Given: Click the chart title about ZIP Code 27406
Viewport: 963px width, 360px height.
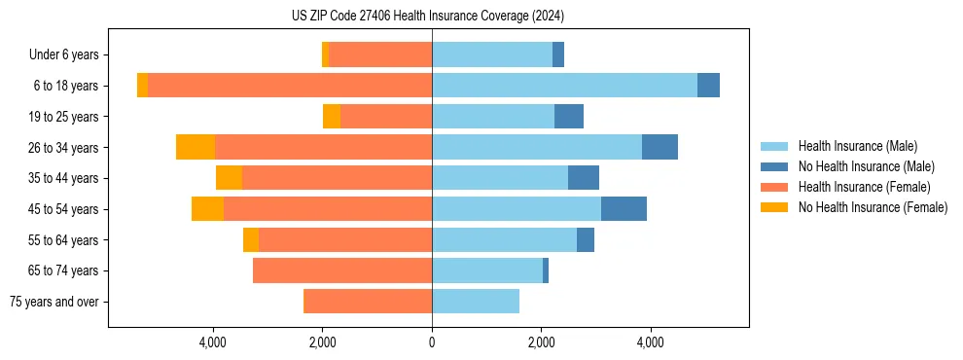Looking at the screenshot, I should [427, 17].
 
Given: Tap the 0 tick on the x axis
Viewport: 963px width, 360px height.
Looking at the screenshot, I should [432, 342].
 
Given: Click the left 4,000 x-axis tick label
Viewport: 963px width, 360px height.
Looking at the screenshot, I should [213, 342].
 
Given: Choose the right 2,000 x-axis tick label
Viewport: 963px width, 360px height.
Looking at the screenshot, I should [541, 342].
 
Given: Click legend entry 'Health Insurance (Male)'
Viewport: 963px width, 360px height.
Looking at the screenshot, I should [857, 146].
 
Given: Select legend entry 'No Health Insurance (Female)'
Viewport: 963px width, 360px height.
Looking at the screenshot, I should [873, 207].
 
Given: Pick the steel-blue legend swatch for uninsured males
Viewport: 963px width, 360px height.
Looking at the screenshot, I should [774, 166].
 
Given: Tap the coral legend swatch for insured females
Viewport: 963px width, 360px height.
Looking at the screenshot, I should [774, 187].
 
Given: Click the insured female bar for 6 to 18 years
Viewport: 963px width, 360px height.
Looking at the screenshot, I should [290, 86].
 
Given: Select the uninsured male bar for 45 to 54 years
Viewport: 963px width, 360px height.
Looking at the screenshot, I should [624, 209].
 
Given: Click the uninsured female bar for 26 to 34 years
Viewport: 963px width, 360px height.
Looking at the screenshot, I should [196, 147].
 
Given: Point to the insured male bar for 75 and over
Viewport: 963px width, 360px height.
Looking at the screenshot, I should [476, 302].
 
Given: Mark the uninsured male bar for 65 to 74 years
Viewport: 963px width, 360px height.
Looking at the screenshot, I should [546, 270].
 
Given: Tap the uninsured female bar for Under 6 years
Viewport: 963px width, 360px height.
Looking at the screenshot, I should [325, 55].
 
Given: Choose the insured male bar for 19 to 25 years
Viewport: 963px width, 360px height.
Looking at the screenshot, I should [493, 117].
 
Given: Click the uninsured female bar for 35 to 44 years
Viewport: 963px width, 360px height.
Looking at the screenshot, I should [229, 178].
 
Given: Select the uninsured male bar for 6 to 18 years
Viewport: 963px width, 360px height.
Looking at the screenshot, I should [708, 86].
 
